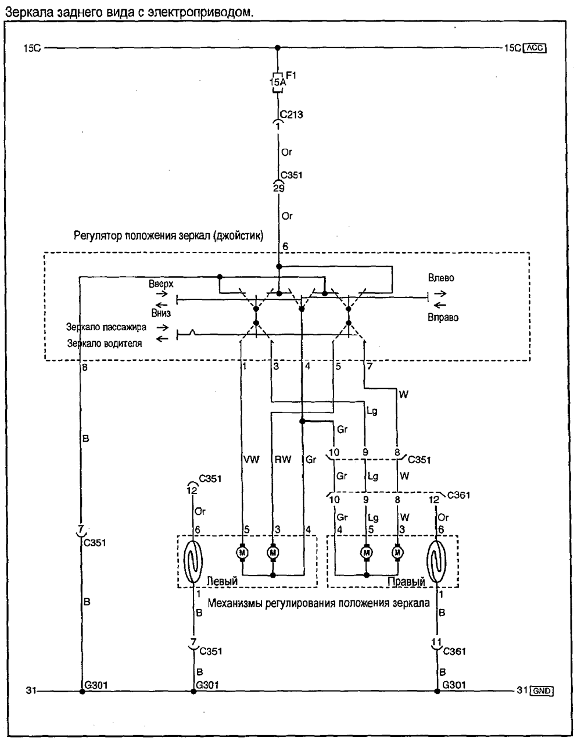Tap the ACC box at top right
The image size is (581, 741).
535,48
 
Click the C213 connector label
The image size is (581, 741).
290,114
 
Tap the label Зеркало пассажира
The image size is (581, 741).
106,327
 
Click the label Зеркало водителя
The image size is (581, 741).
105,343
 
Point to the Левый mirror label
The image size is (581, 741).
222,581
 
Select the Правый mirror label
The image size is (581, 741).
406,581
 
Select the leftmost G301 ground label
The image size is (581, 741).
95,685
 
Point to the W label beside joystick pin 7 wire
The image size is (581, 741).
403,395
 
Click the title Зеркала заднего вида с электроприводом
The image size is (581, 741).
129,11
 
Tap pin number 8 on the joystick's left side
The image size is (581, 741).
85,367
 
